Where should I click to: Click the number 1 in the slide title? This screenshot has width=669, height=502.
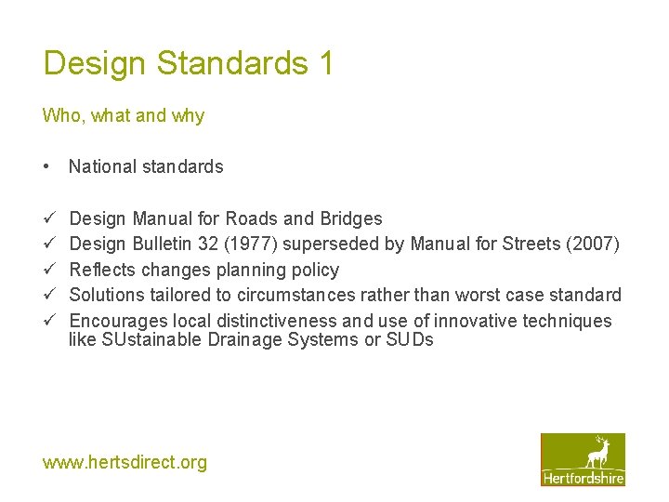(x=324, y=63)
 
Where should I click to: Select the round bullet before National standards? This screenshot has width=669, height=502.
(x=46, y=167)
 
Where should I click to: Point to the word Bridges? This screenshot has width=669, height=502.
(x=351, y=219)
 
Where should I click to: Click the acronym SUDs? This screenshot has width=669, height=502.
(x=411, y=340)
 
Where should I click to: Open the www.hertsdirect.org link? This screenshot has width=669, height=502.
(x=125, y=462)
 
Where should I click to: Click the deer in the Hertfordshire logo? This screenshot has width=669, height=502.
(x=598, y=454)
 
